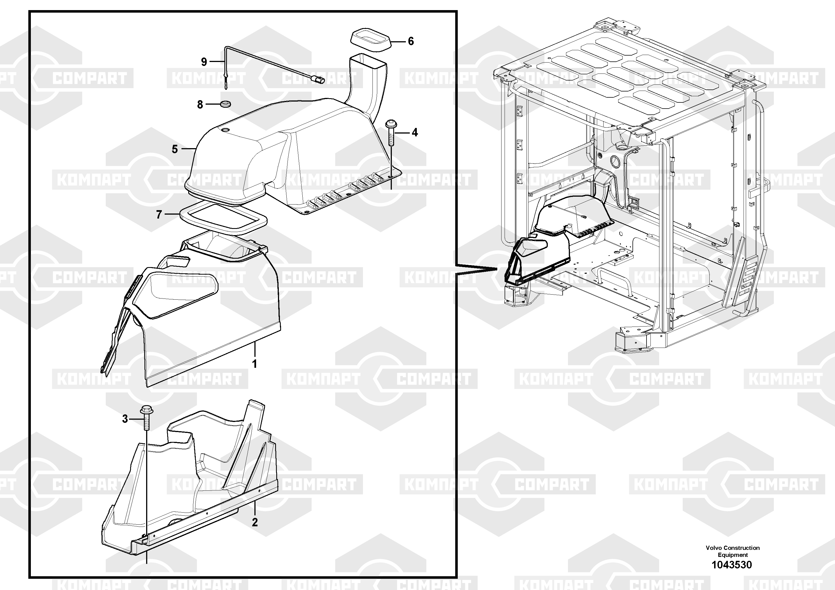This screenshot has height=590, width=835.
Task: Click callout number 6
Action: (x=411, y=41)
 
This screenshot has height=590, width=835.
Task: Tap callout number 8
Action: (x=200, y=105)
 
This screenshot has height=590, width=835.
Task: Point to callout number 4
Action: (x=415, y=132)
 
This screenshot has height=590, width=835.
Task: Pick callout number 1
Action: (x=255, y=364)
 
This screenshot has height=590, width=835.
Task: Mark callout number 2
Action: (x=255, y=522)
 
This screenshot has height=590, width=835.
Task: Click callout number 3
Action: (x=125, y=419)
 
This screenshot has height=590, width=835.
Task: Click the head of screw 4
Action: (x=391, y=124)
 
